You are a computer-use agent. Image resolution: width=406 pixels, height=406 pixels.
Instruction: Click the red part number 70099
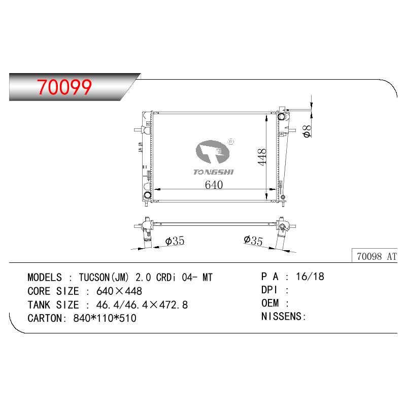coord(64,87)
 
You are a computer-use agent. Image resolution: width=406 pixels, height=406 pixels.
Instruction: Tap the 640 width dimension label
coord(214,185)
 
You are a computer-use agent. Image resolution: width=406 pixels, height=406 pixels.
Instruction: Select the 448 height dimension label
coord(262,157)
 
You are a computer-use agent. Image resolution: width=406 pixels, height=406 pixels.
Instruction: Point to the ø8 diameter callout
coord(307,131)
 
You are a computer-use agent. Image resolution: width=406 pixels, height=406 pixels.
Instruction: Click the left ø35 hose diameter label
coord(175,241)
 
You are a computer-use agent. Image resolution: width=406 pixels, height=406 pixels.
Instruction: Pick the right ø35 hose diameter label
coord(253,240)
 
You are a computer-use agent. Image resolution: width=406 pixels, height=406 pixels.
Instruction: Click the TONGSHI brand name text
coord(213,172)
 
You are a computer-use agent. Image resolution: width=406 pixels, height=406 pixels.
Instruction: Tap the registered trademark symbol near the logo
coord(231,142)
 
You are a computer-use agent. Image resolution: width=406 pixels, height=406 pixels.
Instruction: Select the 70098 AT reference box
coord(375,256)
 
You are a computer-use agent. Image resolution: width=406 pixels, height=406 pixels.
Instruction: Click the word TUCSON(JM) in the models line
coord(104,277)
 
